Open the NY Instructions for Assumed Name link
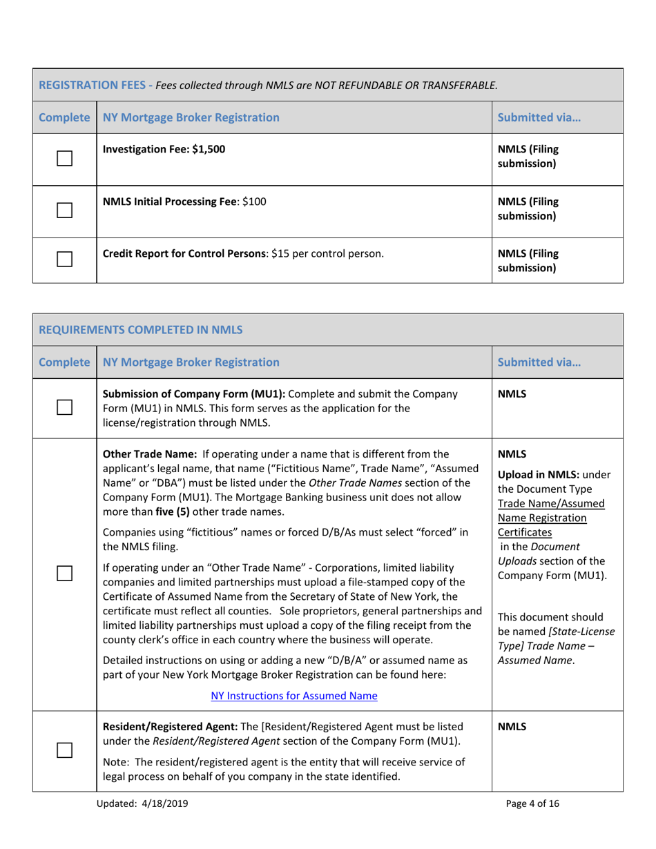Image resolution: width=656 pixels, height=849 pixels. click(x=293, y=696)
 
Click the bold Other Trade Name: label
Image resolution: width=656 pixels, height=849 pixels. click(x=148, y=454)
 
